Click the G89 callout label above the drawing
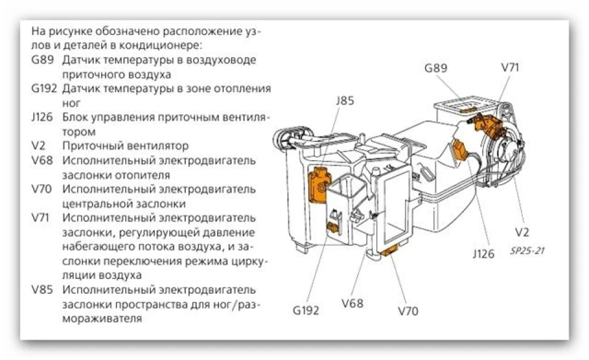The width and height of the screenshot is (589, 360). [x=436, y=68]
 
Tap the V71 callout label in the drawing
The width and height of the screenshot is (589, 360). [x=510, y=67]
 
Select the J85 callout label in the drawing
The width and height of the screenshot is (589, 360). [x=344, y=101]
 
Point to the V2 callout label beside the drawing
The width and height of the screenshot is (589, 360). [x=522, y=232]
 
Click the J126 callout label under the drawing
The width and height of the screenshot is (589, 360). [x=483, y=254]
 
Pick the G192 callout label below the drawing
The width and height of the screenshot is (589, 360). [x=306, y=310]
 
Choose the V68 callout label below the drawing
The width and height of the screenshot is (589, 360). [x=352, y=303]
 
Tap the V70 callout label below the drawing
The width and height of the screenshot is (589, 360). [x=407, y=311]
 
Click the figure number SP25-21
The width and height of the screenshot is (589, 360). [x=527, y=251]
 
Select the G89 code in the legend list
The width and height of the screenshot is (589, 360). [x=42, y=60]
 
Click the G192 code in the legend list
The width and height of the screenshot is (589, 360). [x=44, y=88]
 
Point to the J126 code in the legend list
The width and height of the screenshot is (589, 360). [x=42, y=117]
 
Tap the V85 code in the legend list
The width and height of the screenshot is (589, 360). [x=42, y=290]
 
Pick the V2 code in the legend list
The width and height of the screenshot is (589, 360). [x=38, y=145]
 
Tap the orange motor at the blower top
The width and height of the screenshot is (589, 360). [x=485, y=124]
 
